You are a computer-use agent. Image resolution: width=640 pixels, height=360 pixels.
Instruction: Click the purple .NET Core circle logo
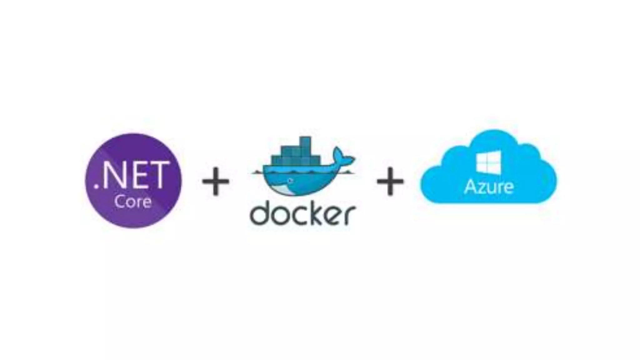click(x=133, y=181)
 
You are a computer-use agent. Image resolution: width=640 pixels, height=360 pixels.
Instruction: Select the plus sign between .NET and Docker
click(x=216, y=181)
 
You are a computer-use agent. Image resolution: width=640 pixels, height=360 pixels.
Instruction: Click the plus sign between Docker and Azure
click(x=390, y=181)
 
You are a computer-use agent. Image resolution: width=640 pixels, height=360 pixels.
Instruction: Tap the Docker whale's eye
click(x=291, y=181)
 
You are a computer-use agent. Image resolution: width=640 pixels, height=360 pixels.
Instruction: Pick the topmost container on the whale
click(x=305, y=142)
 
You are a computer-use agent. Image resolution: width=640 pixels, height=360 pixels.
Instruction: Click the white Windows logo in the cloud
click(x=488, y=162)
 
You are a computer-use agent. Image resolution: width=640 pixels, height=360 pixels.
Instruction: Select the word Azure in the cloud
click(x=489, y=187)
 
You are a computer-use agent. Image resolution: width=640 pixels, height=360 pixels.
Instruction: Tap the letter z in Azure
click(x=483, y=188)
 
